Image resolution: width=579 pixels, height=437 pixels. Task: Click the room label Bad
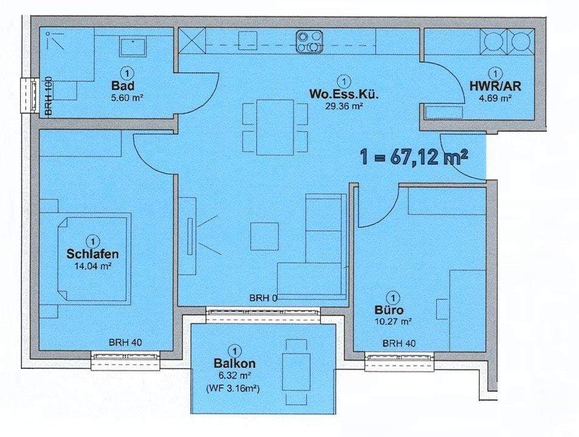click(123, 86)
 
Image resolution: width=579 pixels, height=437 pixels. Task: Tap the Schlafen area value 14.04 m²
click(93, 266)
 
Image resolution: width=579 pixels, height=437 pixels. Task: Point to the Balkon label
click(235, 363)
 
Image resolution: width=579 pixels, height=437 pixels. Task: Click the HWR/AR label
click(495, 86)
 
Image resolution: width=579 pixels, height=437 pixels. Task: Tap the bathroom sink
click(133, 46)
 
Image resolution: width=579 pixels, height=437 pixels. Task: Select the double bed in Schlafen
click(94, 258)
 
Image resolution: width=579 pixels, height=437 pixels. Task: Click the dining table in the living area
click(275, 127)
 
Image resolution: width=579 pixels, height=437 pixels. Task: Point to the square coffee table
click(264, 236)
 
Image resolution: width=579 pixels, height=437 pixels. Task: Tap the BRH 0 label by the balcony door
click(264, 298)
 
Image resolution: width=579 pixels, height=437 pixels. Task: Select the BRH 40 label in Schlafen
click(125, 342)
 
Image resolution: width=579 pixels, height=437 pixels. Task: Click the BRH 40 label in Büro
click(399, 343)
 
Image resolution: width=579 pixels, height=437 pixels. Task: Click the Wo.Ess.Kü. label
click(344, 94)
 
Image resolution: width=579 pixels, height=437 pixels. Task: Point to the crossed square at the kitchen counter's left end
click(192, 41)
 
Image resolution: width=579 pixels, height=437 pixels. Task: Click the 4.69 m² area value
click(495, 98)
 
